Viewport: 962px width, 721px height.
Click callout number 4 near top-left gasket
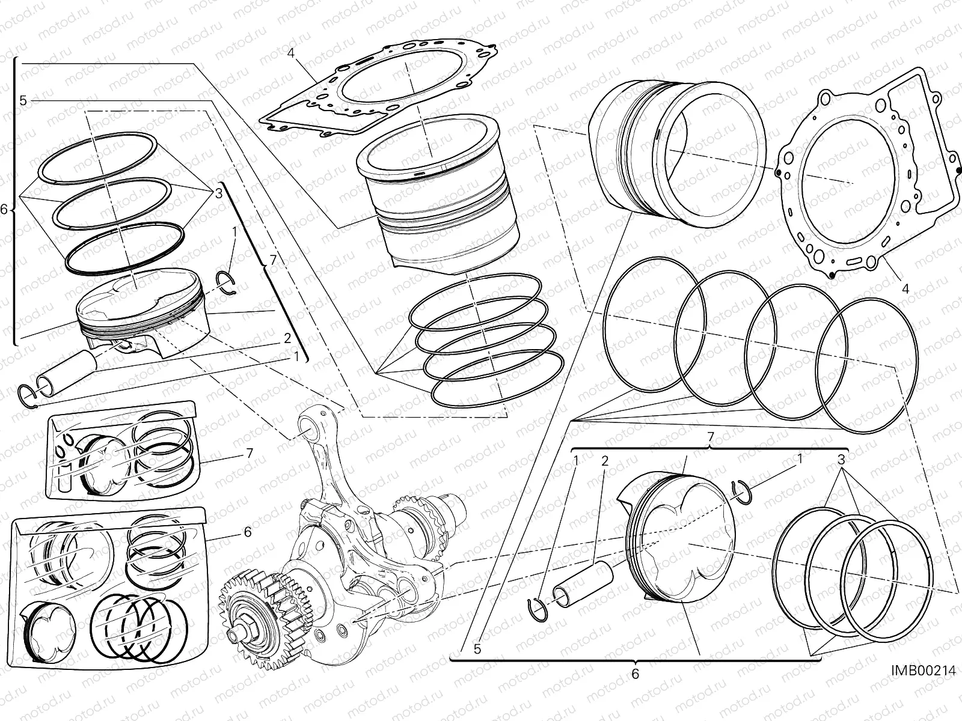coord(290,53)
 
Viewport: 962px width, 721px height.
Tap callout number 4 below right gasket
coord(905,288)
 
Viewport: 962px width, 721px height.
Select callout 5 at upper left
coord(23,100)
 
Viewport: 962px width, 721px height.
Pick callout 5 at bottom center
coord(477,649)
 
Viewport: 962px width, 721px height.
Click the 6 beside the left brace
coord(4,210)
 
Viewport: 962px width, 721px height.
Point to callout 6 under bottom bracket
coord(635,674)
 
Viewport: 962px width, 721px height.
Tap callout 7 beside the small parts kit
coord(250,453)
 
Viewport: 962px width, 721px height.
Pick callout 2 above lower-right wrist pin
coord(605,461)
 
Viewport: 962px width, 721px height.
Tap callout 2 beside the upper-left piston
coord(287,338)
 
